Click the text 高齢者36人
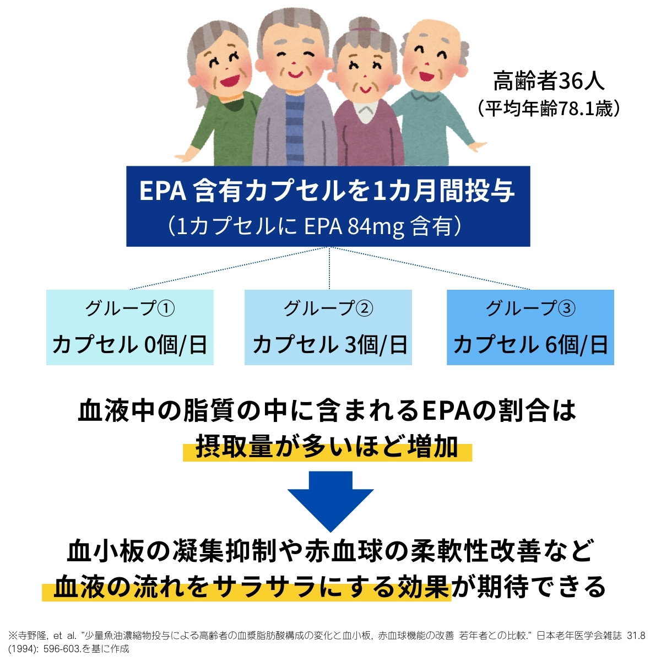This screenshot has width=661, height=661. pos(549,80)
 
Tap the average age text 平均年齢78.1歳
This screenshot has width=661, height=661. pos(549,108)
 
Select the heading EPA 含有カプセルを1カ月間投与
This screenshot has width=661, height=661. pos(327,191)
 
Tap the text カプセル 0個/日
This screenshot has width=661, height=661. pos(130,345)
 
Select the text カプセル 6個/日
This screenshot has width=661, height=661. pos(530,345)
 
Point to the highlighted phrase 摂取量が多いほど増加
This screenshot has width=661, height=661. pos(327,447)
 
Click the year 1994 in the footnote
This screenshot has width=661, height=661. pos(21,648)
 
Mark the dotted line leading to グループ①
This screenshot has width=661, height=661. pos(231,268)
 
